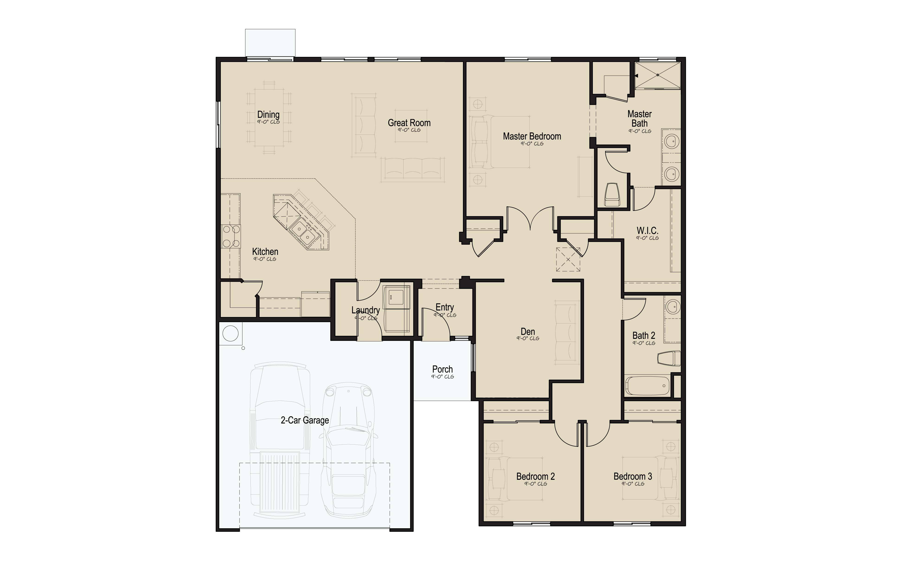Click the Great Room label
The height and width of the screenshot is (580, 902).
[x=409, y=123]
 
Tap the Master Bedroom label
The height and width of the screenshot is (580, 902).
[x=532, y=136]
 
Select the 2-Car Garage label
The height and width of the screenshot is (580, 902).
[x=305, y=420]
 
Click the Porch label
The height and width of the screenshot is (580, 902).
[x=443, y=369]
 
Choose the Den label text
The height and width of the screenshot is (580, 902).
[x=528, y=331]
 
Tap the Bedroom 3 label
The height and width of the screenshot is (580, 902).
[x=633, y=476]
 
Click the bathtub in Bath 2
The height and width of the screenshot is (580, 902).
[x=647, y=386]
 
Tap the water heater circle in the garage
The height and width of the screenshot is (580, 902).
[x=231, y=334]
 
